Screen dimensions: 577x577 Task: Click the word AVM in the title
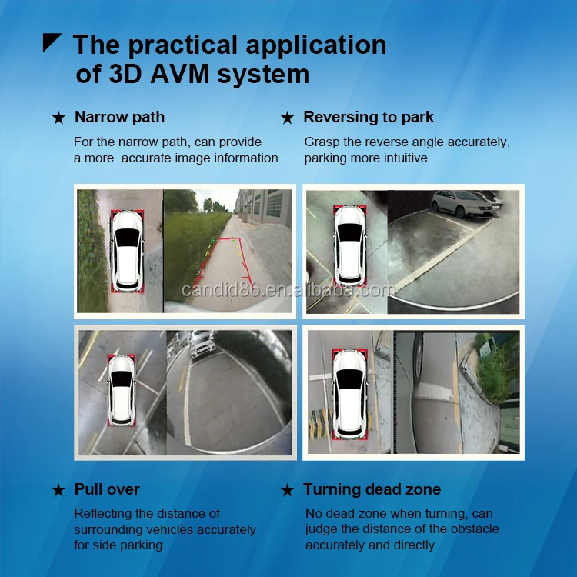coord(179,75)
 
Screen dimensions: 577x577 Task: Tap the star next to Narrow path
coord(58,118)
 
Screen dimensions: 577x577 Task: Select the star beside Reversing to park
coord(287,118)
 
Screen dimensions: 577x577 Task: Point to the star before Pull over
coord(58,490)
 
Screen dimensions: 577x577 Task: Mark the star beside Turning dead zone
coord(287,490)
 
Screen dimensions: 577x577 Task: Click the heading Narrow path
coord(119,118)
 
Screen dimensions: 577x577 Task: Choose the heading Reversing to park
coord(369,118)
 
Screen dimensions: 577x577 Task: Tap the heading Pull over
coord(107,489)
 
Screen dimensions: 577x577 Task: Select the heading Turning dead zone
coord(372,489)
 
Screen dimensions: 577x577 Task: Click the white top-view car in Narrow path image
coord(127,252)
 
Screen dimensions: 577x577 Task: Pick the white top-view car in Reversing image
coord(350,245)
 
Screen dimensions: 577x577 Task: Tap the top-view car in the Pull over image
coord(122,391)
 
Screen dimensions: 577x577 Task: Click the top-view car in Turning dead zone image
coord(350,393)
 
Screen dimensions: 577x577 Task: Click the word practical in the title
coord(182,45)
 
